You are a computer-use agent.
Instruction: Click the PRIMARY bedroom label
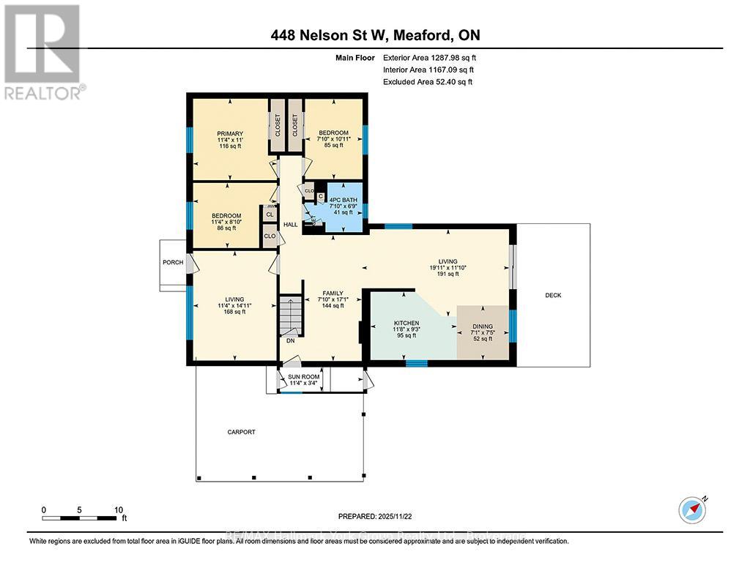pos(230,133)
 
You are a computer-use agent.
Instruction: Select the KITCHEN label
pos(406,322)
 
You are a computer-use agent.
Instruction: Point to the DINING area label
pos(482,326)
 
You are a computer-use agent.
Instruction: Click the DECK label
pos(553,295)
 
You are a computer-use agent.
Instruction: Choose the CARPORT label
pos(241,432)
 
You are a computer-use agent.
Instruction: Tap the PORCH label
pos(173,262)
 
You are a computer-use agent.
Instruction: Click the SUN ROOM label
pos(304,376)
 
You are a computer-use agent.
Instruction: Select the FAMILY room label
pos(333,293)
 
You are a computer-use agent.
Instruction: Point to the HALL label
pos(291,225)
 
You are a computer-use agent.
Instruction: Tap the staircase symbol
pos(292,315)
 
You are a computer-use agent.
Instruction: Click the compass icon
pos(692,509)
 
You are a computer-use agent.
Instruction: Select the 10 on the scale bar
pos(119,509)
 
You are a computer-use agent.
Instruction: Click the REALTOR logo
pos(43,51)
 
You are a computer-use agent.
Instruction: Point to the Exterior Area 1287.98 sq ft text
pos(431,57)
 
